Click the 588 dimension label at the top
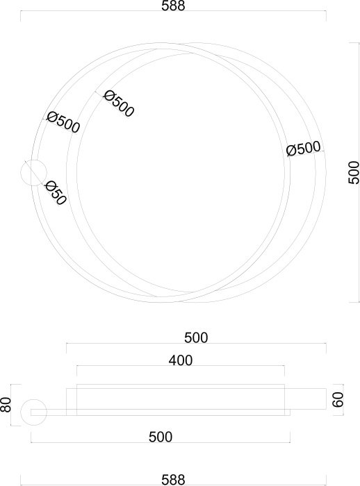(x=173, y=6)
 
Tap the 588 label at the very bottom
(x=173, y=480)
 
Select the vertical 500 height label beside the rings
(x=354, y=173)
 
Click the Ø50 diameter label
(x=55, y=194)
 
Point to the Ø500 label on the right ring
(x=303, y=149)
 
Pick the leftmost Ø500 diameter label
(x=63, y=122)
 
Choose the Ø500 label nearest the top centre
(x=119, y=103)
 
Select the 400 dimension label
(x=181, y=360)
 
